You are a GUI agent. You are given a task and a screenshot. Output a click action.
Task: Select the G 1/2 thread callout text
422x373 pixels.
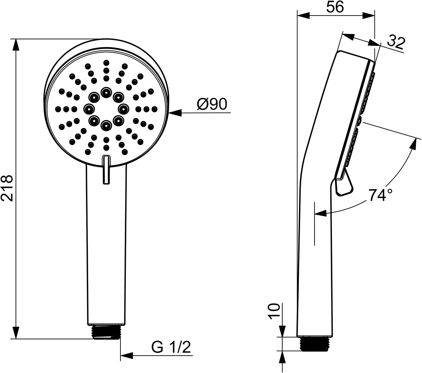(x=171, y=347)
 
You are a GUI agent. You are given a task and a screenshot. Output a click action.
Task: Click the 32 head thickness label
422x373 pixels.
(x=396, y=43)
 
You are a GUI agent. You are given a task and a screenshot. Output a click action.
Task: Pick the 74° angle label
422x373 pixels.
(x=380, y=195)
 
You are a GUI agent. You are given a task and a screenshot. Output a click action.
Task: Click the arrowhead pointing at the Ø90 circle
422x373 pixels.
(x=175, y=113)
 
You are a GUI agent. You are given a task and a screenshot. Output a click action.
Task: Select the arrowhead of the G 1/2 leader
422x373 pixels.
(x=127, y=356)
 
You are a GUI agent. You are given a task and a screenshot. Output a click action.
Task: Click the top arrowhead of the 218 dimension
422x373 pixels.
(x=16, y=45)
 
